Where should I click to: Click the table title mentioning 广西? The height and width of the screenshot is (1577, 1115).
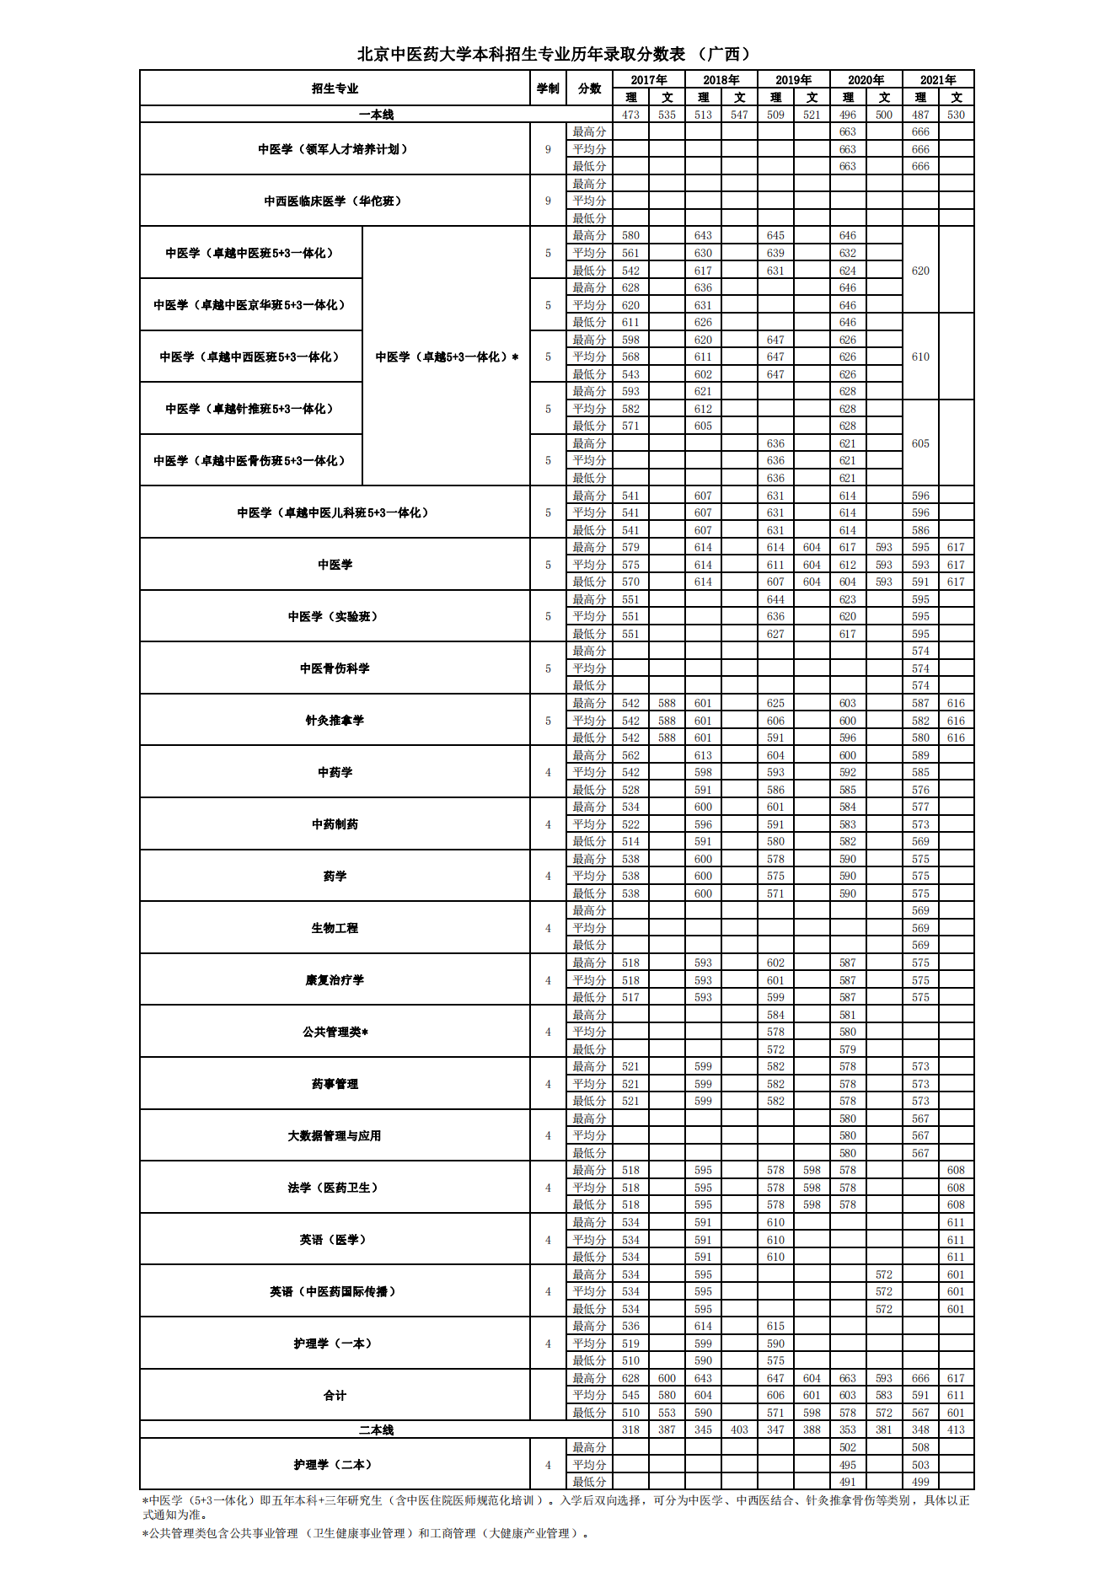tap(555, 54)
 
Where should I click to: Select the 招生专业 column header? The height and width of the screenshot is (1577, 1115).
tap(335, 89)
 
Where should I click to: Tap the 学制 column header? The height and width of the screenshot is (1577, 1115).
tap(548, 89)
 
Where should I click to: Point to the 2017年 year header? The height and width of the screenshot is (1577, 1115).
tap(648, 80)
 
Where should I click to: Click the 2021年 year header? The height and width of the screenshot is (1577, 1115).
tap(938, 80)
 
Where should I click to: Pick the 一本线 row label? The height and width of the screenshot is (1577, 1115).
tap(376, 115)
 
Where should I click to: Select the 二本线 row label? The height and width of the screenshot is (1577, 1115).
tap(376, 1430)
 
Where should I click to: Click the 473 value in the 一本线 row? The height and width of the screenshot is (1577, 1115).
tap(630, 115)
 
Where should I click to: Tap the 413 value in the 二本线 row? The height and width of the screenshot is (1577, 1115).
tap(956, 1430)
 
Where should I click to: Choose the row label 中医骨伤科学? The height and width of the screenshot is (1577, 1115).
tap(335, 668)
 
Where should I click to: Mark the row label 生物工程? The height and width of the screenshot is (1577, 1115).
tap(335, 928)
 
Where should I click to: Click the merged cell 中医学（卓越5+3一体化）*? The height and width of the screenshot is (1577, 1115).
tap(447, 357)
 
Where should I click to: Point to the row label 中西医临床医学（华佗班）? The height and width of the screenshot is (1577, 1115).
tap(335, 201)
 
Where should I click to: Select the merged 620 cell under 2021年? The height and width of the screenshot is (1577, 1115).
tap(920, 271)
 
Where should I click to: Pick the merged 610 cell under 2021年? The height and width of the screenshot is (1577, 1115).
tap(920, 357)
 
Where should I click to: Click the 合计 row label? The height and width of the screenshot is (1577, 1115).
tap(335, 1396)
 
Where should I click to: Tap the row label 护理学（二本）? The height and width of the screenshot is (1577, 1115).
tap(335, 1465)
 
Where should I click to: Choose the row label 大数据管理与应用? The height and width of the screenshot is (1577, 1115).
tap(335, 1136)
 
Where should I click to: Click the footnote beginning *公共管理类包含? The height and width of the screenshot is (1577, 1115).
tap(366, 1533)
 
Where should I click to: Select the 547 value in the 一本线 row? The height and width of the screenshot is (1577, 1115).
tap(739, 115)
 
